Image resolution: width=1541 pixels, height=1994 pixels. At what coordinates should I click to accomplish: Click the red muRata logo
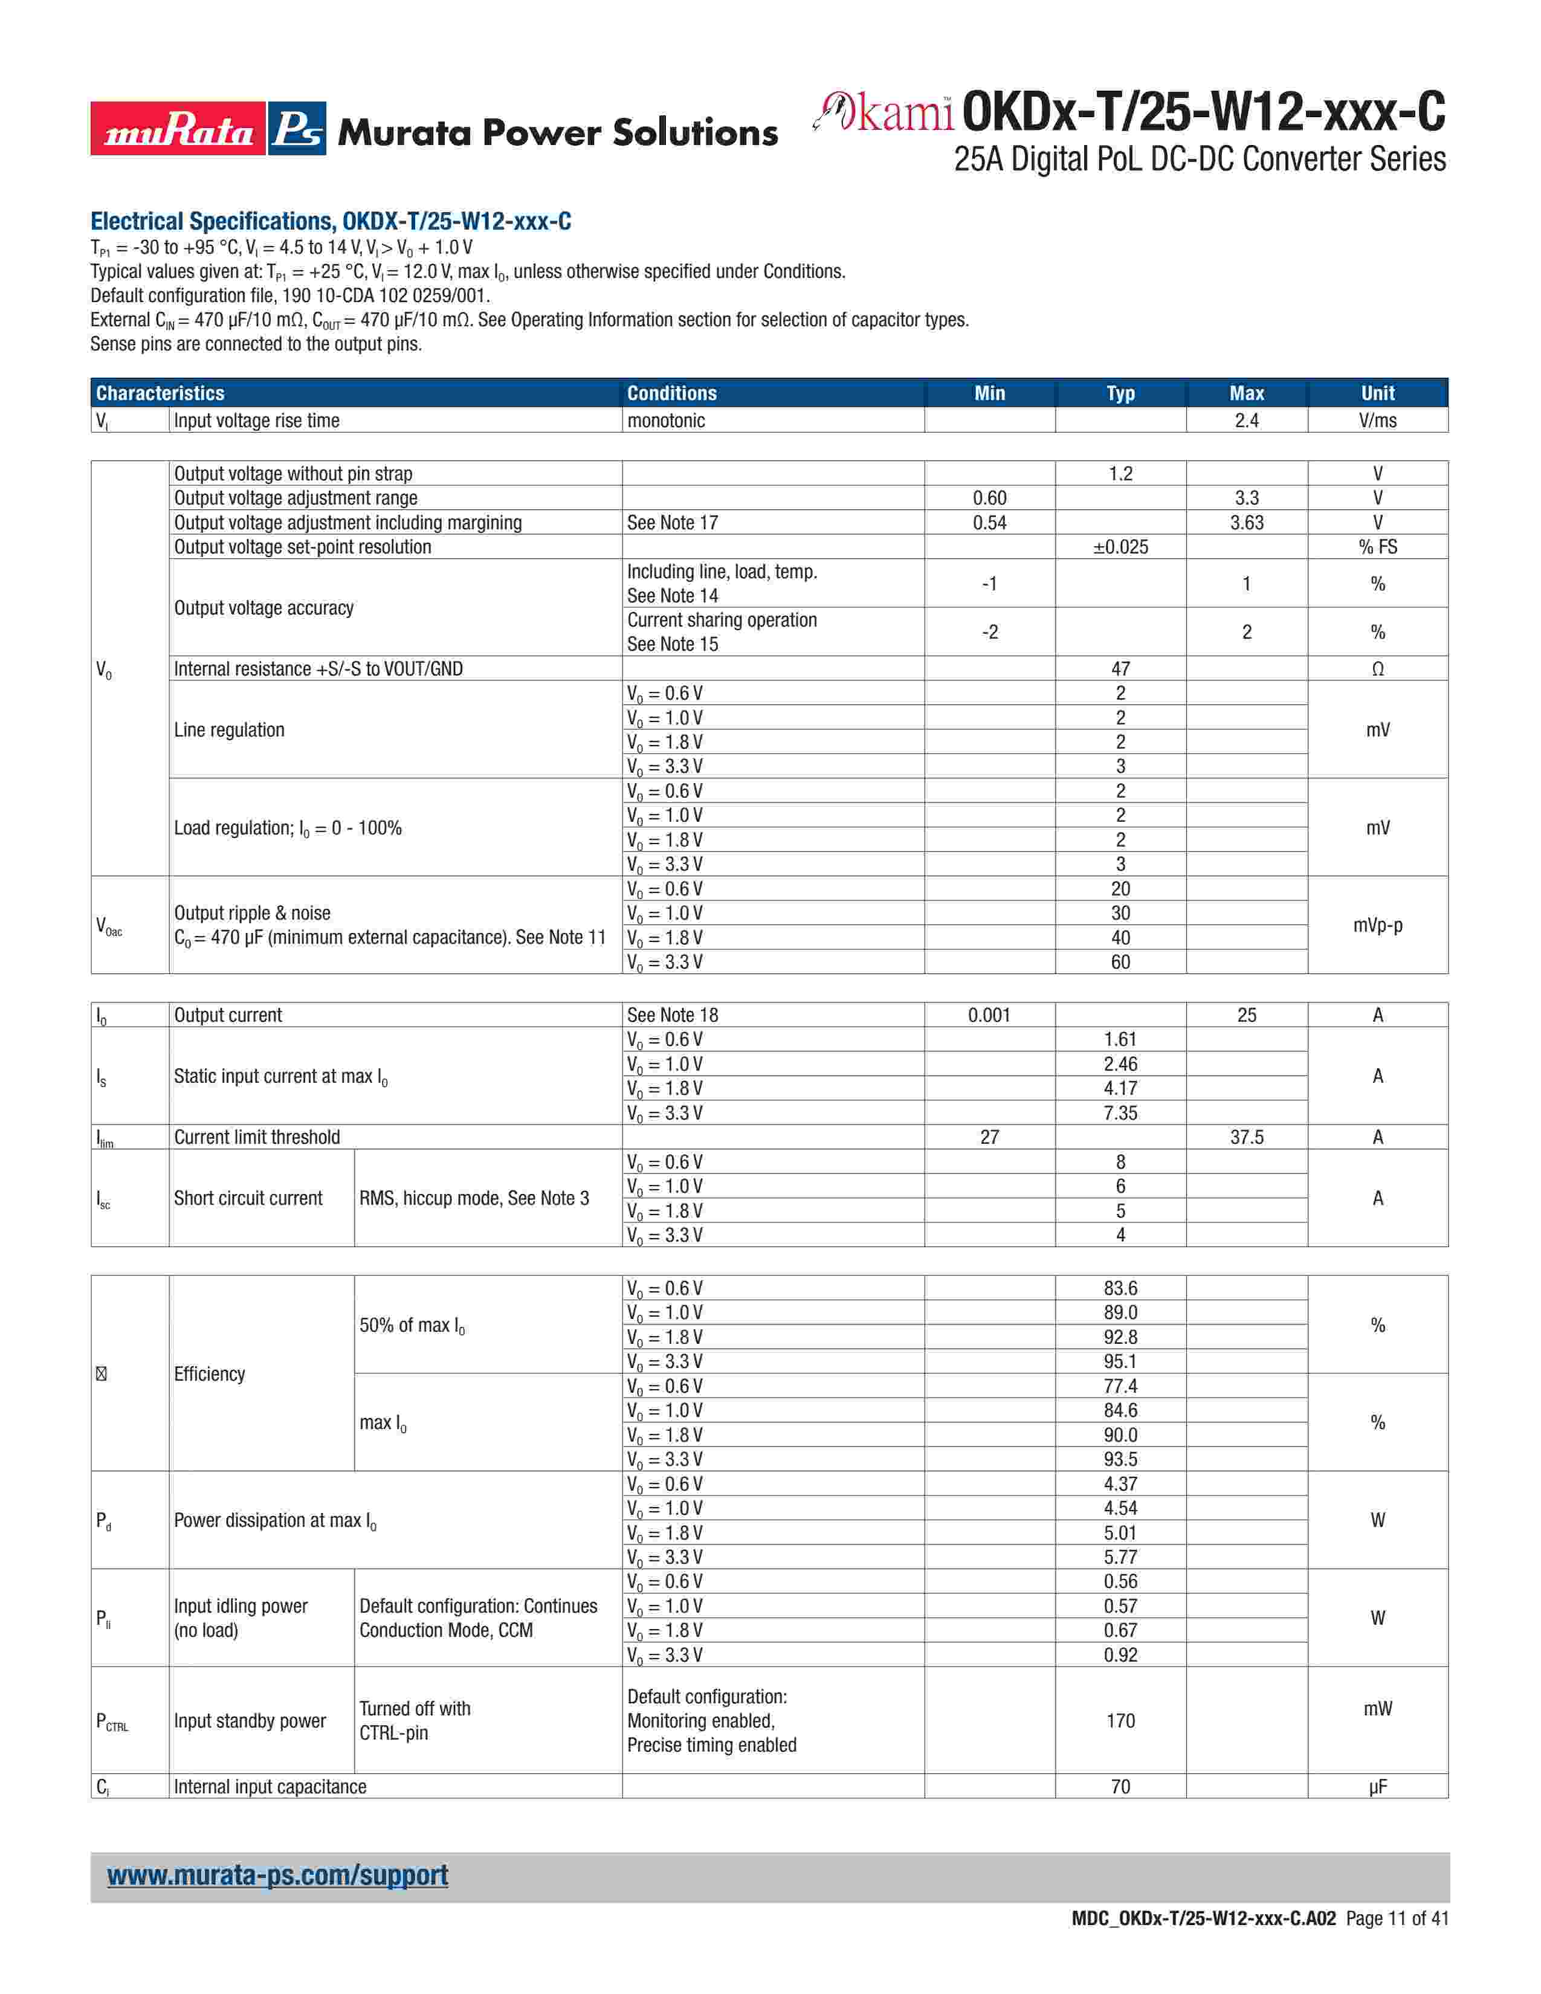pyautogui.click(x=178, y=129)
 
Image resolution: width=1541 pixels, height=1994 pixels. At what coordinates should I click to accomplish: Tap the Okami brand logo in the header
pyautogui.click(x=884, y=112)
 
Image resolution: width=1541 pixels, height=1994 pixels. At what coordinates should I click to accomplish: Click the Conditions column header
pyautogui.click(x=672, y=393)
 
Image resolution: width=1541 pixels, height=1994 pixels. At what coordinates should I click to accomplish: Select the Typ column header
pyautogui.click(x=1120, y=393)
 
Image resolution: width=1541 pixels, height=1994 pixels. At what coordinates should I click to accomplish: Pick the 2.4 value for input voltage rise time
pyautogui.click(x=1246, y=421)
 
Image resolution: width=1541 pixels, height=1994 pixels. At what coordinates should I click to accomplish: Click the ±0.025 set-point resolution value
pyautogui.click(x=1120, y=547)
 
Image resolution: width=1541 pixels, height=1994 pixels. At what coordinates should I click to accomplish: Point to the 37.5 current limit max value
pyautogui.click(x=1246, y=1137)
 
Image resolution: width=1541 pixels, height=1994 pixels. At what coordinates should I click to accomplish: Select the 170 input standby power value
pyautogui.click(x=1120, y=1720)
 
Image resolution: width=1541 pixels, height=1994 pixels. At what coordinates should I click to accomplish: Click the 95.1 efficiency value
pyautogui.click(x=1120, y=1361)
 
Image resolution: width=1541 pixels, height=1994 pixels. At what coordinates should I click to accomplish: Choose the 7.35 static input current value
pyautogui.click(x=1120, y=1113)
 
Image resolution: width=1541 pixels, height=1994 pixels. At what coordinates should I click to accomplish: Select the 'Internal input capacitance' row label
pyautogui.click(x=270, y=1787)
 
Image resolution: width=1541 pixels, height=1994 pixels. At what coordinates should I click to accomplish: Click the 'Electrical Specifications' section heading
pyautogui.click(x=331, y=222)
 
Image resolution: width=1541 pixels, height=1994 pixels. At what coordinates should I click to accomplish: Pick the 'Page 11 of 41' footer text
pyautogui.click(x=1397, y=1918)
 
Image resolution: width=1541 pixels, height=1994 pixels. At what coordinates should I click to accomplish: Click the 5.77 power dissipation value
pyautogui.click(x=1120, y=1557)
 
